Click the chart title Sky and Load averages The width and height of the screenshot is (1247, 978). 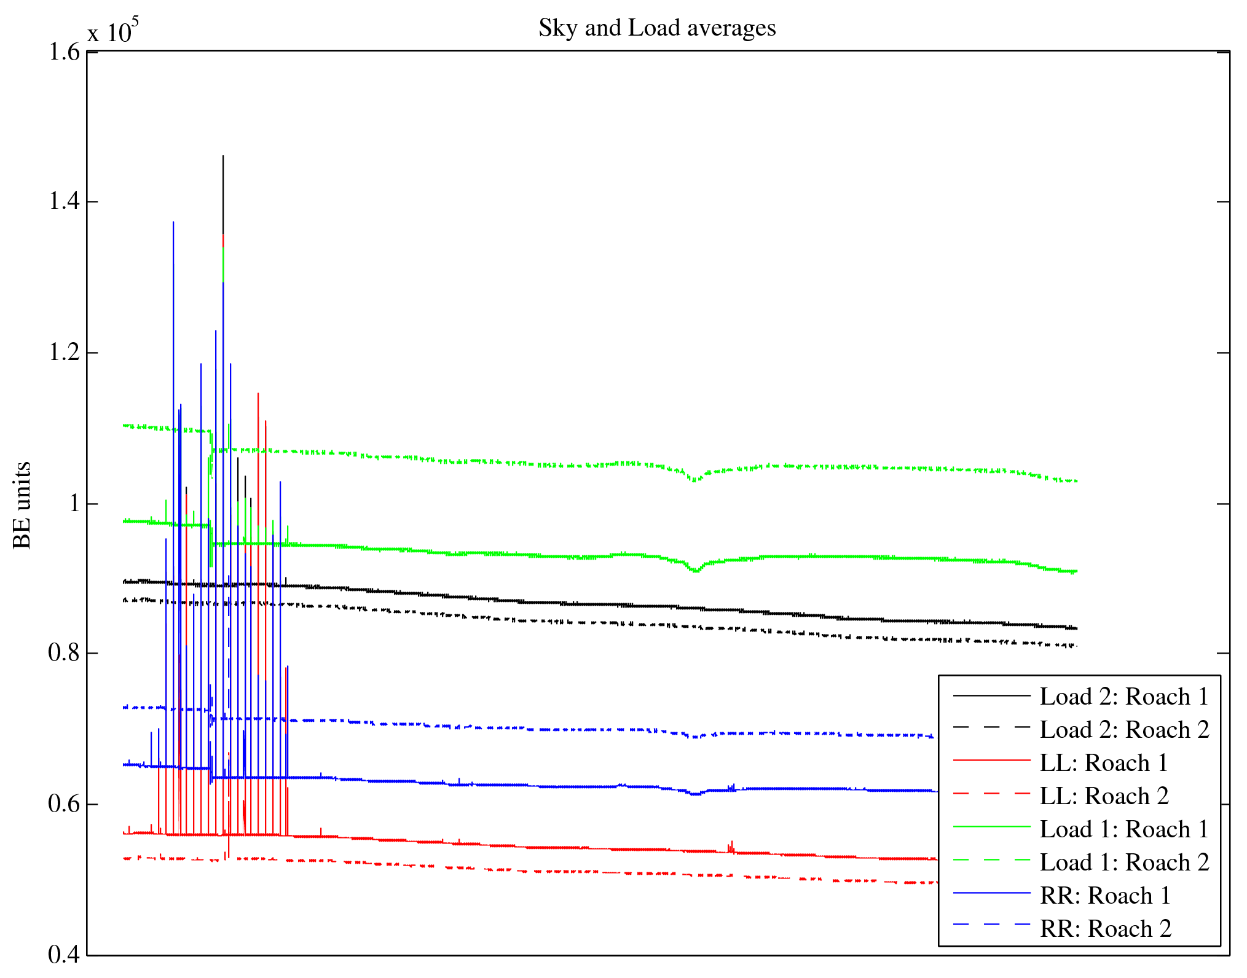tap(657, 28)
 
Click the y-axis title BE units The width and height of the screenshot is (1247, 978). tap(22, 505)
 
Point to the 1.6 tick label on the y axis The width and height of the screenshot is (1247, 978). tap(64, 52)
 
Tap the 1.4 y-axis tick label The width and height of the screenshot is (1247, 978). tap(64, 201)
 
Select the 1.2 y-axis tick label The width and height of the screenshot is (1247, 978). tap(64, 353)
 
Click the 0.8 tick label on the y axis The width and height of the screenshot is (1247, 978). tap(64, 653)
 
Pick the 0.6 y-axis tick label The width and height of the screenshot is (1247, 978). tap(64, 804)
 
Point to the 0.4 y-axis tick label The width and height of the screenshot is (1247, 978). tap(64, 955)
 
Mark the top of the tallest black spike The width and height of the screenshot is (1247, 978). tap(223, 156)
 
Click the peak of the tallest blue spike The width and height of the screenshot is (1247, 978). tap(173, 222)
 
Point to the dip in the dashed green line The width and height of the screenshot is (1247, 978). tap(695, 480)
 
